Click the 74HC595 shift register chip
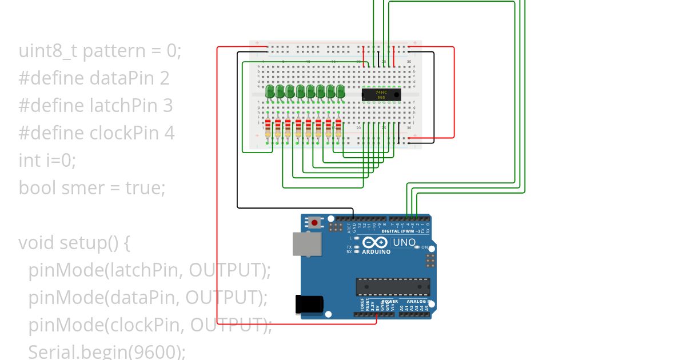[x=381, y=95]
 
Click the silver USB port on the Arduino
[x=303, y=243]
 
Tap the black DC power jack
[x=306, y=304]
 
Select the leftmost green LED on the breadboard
[x=270, y=91]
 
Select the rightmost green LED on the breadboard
[x=341, y=91]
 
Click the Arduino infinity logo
[x=375, y=243]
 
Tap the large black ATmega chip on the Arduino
[x=393, y=286]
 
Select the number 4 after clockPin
[x=169, y=133]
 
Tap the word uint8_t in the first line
[x=49, y=51]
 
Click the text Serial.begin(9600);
[x=107, y=351]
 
